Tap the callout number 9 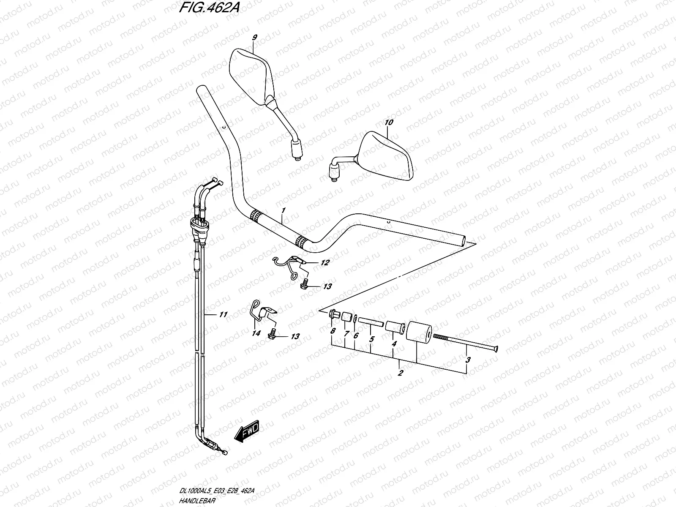254,38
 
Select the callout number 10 389,123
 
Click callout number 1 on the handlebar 283,210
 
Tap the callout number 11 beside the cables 224,314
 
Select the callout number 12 324,263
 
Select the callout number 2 400,373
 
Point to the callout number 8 333,331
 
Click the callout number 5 371,338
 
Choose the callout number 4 393,344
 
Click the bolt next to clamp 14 273,336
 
